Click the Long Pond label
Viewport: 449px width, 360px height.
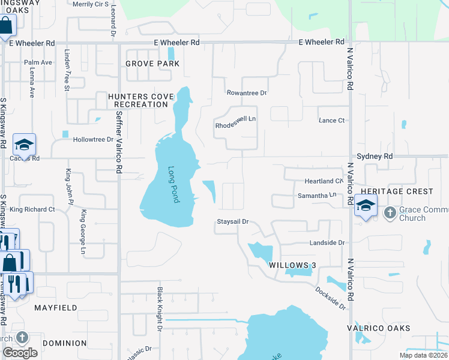tap(174, 184)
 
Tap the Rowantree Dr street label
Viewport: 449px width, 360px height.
tap(246, 93)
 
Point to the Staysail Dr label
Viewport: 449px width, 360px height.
tap(232, 222)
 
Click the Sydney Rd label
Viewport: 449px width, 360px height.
tap(375, 156)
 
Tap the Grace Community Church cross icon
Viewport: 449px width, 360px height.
tap(390, 212)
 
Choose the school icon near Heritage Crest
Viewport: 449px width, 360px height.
tap(365, 206)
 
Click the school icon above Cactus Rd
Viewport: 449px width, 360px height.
tap(25, 145)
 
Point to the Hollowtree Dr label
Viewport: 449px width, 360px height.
tap(93, 140)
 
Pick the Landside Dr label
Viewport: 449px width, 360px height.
tap(327, 243)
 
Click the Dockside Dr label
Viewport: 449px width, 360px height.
tap(331, 298)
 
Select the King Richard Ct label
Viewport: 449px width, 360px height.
tap(32, 209)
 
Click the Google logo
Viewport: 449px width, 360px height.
tap(20, 352)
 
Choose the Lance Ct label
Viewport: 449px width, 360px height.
tap(331, 121)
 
